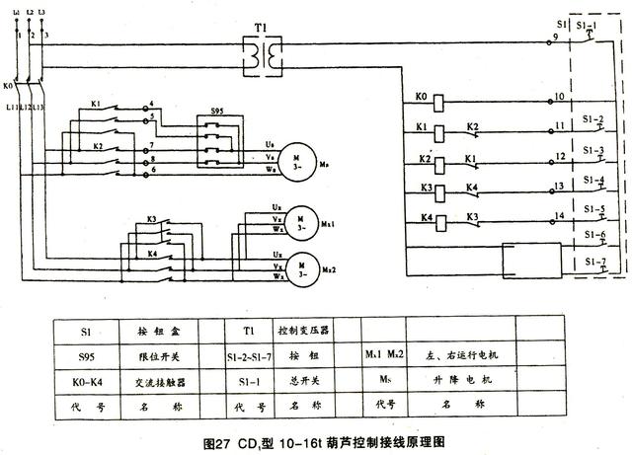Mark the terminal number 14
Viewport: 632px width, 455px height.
(559, 214)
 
